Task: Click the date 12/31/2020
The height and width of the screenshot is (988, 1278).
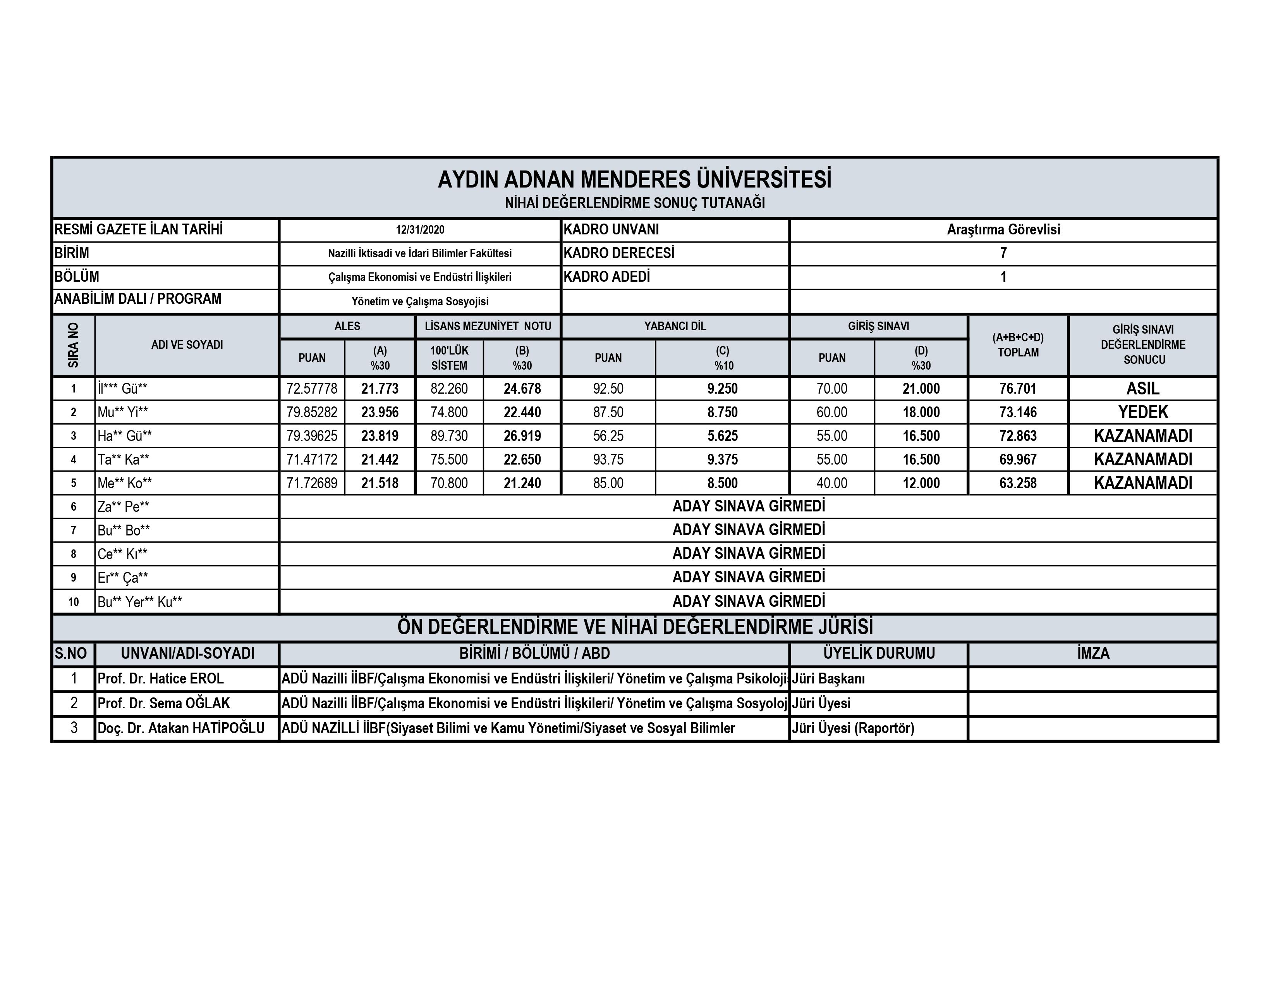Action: point(419,230)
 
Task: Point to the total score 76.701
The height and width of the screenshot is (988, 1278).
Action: point(1018,389)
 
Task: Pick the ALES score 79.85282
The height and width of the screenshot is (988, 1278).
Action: point(312,412)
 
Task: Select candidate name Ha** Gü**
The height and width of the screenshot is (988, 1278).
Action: point(125,436)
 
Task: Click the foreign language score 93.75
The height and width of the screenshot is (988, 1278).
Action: point(608,460)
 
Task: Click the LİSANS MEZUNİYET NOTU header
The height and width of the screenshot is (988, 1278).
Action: point(488,326)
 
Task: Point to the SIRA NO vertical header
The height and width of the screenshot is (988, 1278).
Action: point(73,345)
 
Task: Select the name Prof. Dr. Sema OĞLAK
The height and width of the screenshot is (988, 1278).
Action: point(164,703)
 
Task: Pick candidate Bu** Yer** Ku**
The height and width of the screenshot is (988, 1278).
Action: point(140,602)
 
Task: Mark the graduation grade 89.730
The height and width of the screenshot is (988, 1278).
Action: point(449,436)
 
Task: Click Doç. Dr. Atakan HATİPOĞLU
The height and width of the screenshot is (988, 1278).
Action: point(181,728)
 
